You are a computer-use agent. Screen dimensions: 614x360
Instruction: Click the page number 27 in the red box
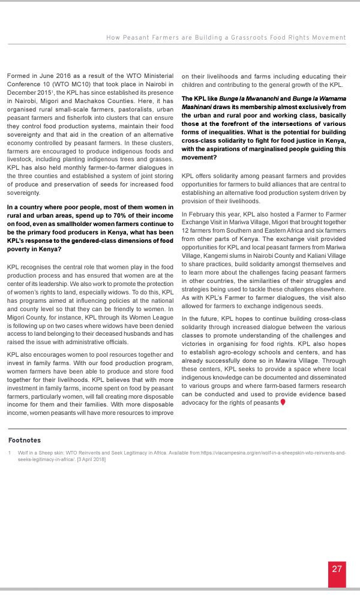(x=337, y=568)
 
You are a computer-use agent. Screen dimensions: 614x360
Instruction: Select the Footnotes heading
(x=25, y=440)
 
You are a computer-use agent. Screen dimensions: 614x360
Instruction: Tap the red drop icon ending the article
(x=283, y=402)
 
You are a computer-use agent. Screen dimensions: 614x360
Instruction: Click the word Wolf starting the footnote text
(x=24, y=452)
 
